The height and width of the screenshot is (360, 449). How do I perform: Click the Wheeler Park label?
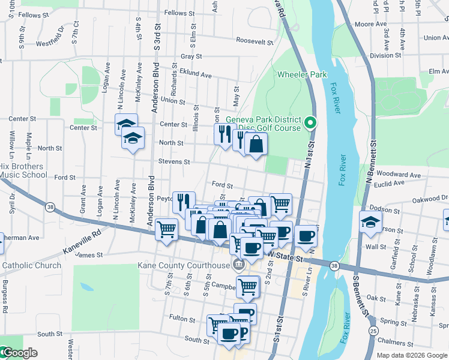pos(302,74)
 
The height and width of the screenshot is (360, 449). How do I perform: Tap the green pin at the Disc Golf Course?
pos(310,124)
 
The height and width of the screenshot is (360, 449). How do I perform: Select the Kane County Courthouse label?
pos(184,265)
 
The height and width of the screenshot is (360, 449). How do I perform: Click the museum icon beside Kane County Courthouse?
pos(239,265)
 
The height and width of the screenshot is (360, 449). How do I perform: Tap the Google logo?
pos(19,353)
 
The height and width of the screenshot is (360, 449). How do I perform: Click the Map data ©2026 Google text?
pos(412,356)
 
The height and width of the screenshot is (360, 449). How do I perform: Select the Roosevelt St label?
pos(255,41)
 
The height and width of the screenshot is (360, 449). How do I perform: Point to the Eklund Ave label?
pos(196,76)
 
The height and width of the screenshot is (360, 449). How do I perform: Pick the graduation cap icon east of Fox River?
pos(370,221)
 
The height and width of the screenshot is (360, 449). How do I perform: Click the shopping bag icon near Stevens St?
pos(256,144)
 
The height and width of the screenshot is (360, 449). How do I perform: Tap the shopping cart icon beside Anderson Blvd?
pos(166,229)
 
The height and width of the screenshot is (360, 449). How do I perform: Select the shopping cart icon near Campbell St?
pos(247,286)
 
